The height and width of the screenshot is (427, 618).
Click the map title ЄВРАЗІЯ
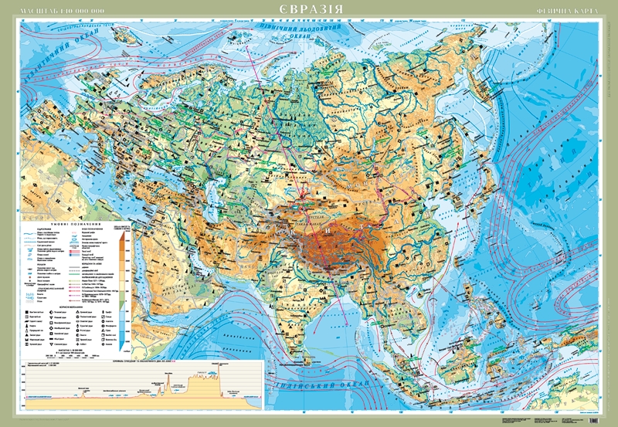(310, 12)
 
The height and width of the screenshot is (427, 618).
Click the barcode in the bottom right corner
(599, 419)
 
